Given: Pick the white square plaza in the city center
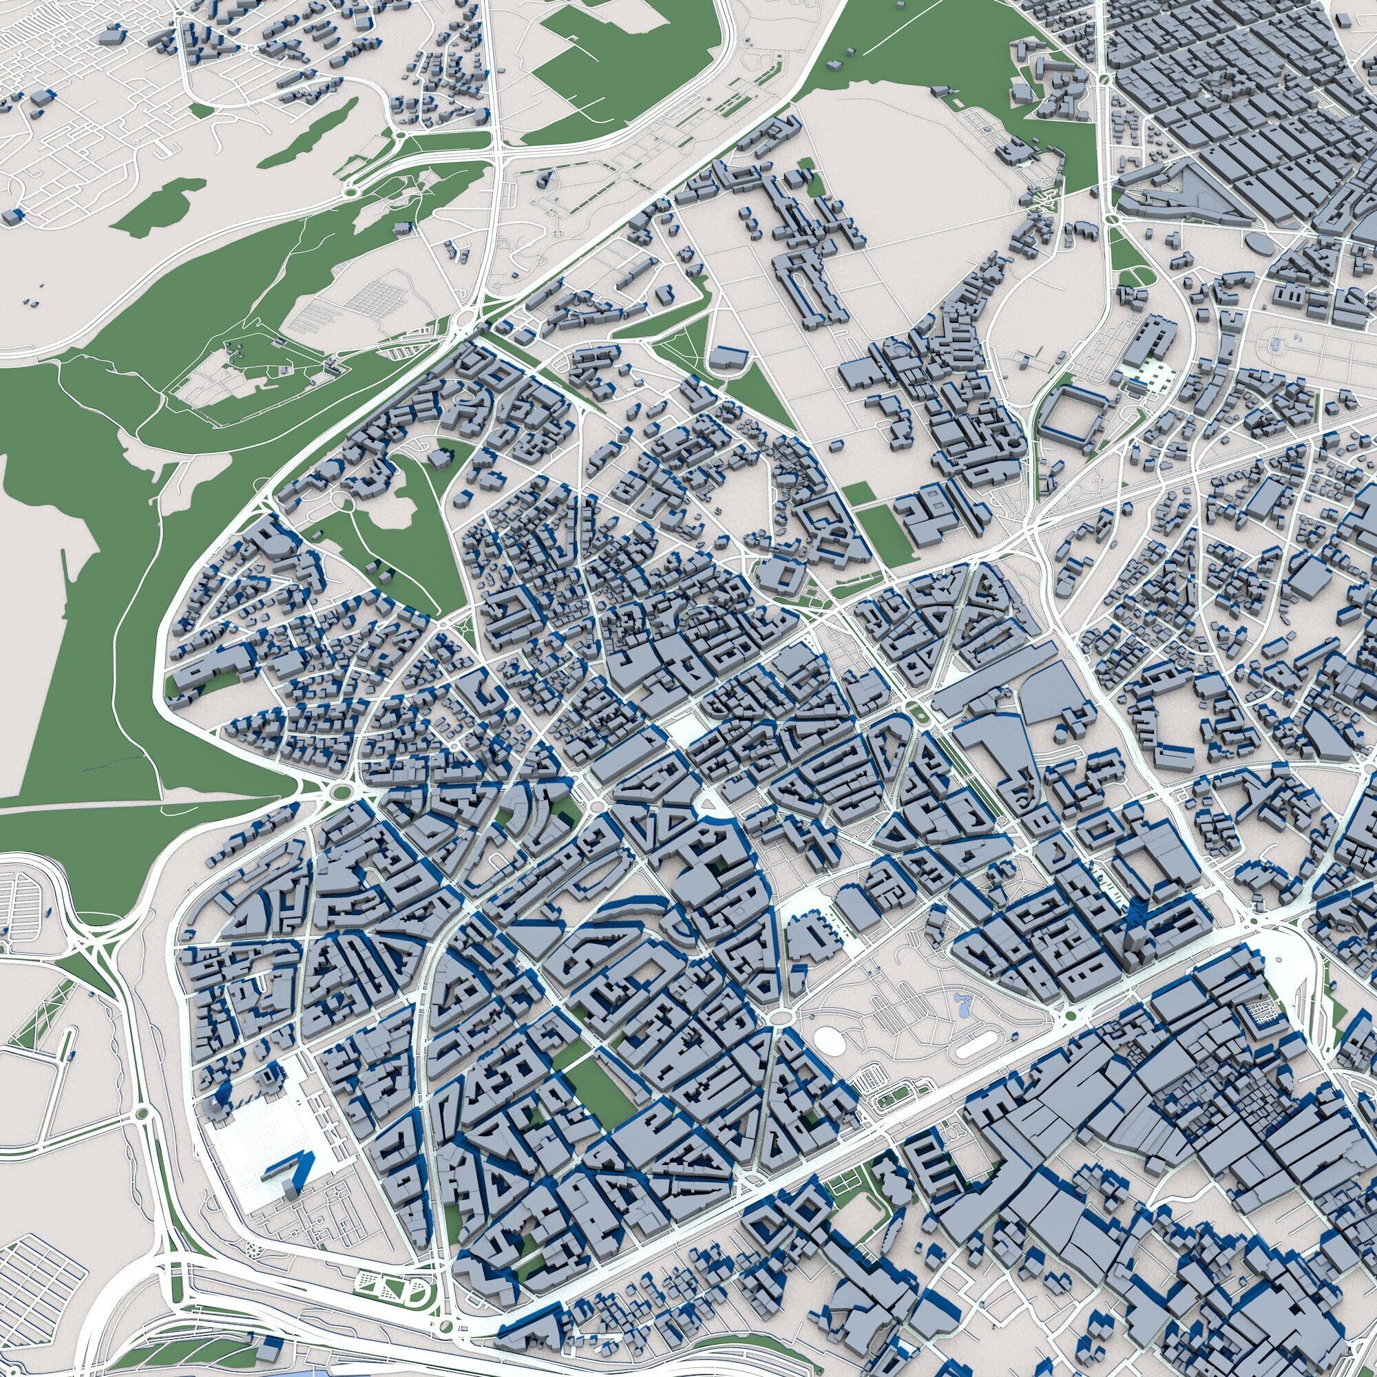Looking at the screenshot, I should [x=683, y=730].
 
